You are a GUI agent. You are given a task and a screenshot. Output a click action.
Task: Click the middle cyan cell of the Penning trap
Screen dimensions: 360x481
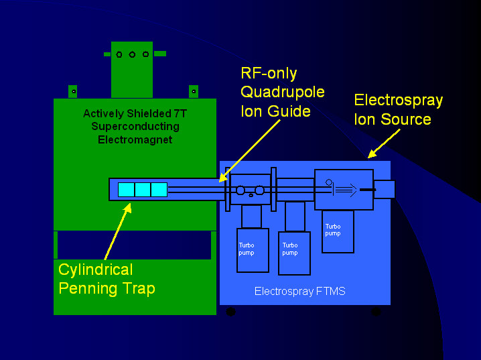pyautogui.click(x=143, y=190)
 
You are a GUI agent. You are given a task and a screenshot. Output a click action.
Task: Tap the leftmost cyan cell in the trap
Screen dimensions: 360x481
pyautogui.click(x=126, y=190)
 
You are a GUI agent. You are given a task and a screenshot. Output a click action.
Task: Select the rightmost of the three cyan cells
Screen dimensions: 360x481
pyautogui.click(x=159, y=190)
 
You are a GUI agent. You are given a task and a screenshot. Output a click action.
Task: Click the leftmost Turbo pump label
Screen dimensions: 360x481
pyautogui.click(x=247, y=249)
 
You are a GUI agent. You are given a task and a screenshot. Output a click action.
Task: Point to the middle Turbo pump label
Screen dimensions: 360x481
pyautogui.click(x=289, y=249)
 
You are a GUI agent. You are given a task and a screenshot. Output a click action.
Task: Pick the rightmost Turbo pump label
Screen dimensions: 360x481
pyautogui.click(x=332, y=230)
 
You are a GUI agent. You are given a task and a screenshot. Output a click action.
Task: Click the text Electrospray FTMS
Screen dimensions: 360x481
pyautogui.click(x=299, y=292)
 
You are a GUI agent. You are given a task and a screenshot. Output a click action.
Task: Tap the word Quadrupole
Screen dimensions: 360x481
pyautogui.click(x=282, y=93)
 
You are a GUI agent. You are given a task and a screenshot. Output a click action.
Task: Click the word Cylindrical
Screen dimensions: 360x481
pyautogui.click(x=96, y=270)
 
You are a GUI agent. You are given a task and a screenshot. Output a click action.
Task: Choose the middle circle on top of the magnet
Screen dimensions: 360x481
pyautogui.click(x=132, y=54)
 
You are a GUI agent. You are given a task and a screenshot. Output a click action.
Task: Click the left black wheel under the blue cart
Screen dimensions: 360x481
pyautogui.click(x=231, y=312)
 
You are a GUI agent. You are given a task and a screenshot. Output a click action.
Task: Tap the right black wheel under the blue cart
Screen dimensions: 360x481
pyautogui.click(x=376, y=312)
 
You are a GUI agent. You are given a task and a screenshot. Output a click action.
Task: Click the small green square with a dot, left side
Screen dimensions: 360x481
pyautogui.click(x=72, y=91)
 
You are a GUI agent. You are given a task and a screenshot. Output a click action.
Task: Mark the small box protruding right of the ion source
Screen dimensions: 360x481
pyautogui.click(x=385, y=190)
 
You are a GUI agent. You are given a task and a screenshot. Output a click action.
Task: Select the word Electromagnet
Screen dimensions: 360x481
pyautogui.click(x=131, y=140)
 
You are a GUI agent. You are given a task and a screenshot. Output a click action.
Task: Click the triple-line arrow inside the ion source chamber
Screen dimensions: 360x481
pyautogui.click(x=346, y=190)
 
